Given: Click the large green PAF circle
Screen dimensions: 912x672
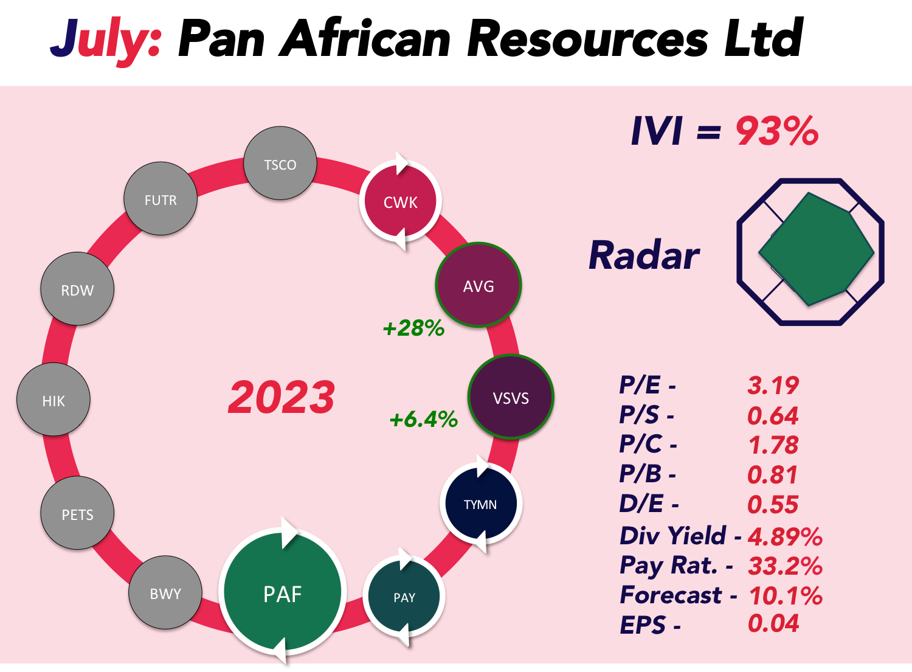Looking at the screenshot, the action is (283, 592).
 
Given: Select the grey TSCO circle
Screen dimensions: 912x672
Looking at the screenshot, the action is (280, 163).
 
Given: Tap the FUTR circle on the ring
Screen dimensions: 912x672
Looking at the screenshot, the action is (161, 198).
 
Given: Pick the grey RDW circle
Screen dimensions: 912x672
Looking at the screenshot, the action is (77, 289).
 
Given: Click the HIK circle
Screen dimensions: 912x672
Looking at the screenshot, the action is (54, 400).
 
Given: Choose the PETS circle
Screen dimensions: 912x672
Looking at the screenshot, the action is (77, 513).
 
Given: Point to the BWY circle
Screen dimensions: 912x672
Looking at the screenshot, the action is (165, 592).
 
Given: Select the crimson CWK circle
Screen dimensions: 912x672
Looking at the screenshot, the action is (400, 200).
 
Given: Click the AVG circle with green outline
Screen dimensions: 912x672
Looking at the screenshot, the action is (478, 285).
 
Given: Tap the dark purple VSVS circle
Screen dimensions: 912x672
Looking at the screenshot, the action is (511, 397).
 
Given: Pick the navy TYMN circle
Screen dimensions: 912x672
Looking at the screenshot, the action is (481, 504).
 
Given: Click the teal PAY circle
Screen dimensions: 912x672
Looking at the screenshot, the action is (404, 596).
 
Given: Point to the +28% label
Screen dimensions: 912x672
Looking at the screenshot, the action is (413, 328).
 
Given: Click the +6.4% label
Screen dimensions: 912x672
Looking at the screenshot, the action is (423, 419).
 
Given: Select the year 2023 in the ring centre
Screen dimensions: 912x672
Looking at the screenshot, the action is (282, 397).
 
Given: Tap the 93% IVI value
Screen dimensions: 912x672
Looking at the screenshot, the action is (777, 131).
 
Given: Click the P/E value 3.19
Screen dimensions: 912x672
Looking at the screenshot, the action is (773, 386).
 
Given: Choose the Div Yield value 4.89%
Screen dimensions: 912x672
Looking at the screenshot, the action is (785, 536).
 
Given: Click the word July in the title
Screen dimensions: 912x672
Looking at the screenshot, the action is (105, 40).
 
